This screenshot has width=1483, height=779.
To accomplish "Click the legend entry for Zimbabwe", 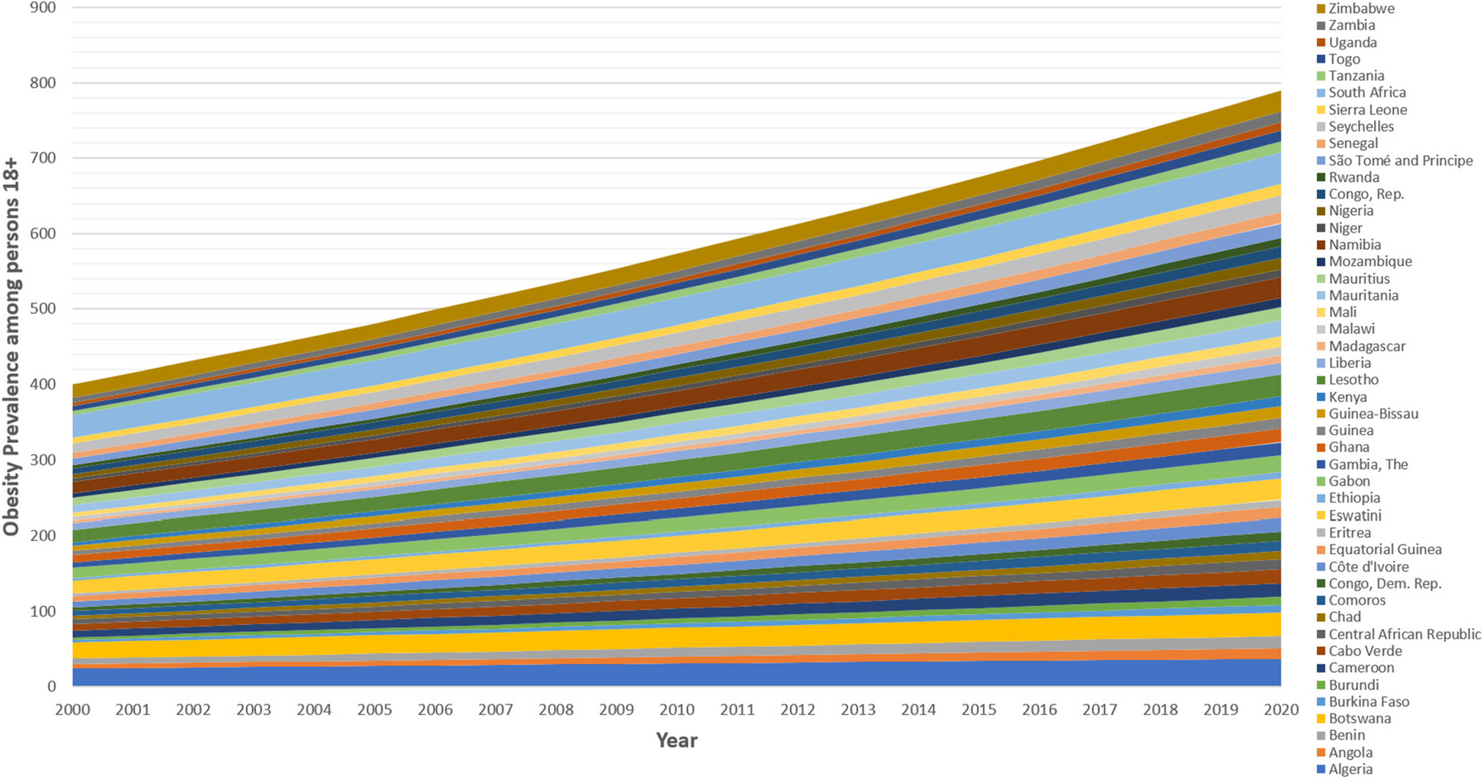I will point(1372,8).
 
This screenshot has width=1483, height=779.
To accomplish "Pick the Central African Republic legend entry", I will point(1405,634).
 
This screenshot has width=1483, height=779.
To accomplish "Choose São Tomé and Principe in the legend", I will point(1401,160).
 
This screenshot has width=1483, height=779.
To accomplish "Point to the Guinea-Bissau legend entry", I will point(1373,414).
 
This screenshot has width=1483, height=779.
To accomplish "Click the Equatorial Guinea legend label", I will point(1385,550).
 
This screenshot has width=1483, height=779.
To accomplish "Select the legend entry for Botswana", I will point(1360,718).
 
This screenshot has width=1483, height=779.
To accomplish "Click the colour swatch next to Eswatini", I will point(1321,516).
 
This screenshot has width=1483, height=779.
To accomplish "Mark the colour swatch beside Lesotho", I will point(1321,380).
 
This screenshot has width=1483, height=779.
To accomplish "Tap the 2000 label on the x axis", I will point(72,710).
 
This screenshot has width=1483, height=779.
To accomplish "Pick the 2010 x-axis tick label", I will point(677,710).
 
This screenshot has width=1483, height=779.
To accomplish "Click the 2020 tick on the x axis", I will point(1281,710).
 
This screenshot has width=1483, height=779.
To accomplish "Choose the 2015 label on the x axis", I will point(979,710).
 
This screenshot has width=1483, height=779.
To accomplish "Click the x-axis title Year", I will point(676,740).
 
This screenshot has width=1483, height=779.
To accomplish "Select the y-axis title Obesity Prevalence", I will point(11,347).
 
